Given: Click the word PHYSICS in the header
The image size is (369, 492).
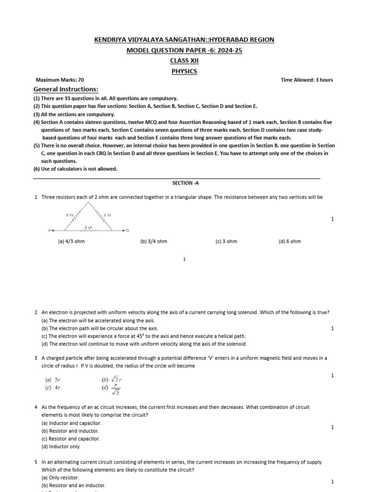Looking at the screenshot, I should [184, 72].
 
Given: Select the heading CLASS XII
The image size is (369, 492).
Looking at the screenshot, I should [184, 61].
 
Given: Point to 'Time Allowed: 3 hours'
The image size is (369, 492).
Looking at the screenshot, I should [307, 80].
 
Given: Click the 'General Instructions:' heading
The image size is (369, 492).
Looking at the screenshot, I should [65, 89].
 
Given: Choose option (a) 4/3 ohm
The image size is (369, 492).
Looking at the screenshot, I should [71, 241].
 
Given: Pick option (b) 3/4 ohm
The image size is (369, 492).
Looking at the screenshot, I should [154, 241].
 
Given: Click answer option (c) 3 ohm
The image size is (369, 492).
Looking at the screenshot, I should [226, 241].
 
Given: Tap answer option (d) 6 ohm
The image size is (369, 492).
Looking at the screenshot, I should [289, 241].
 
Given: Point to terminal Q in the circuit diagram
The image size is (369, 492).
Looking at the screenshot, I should [127, 231].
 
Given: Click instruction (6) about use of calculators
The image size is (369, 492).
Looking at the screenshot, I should [75, 169].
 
